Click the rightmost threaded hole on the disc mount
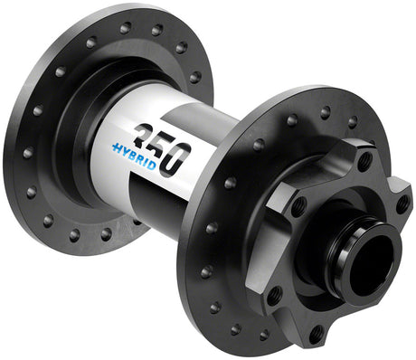pyautogui.click(x=402, y=205)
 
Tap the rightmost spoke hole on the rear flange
pyautogui.click(x=196, y=77)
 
